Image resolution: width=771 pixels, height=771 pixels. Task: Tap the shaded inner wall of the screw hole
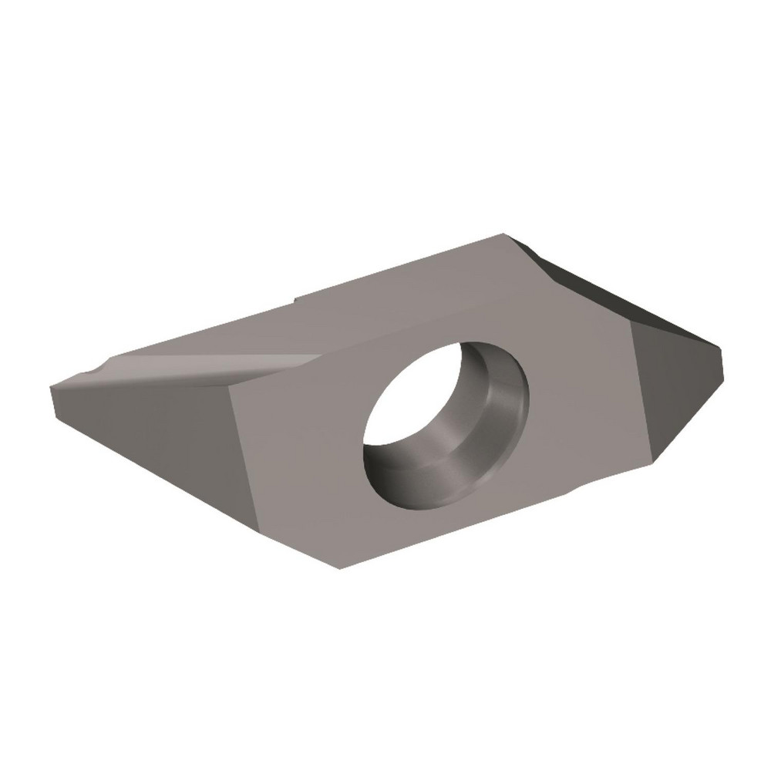(493, 401)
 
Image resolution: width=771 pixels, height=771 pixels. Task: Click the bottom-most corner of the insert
(339, 569)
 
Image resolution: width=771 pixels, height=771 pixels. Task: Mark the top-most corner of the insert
(505, 234)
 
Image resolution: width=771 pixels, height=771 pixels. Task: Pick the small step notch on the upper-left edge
(295, 298)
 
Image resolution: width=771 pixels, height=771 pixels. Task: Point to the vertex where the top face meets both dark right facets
(631, 322)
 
